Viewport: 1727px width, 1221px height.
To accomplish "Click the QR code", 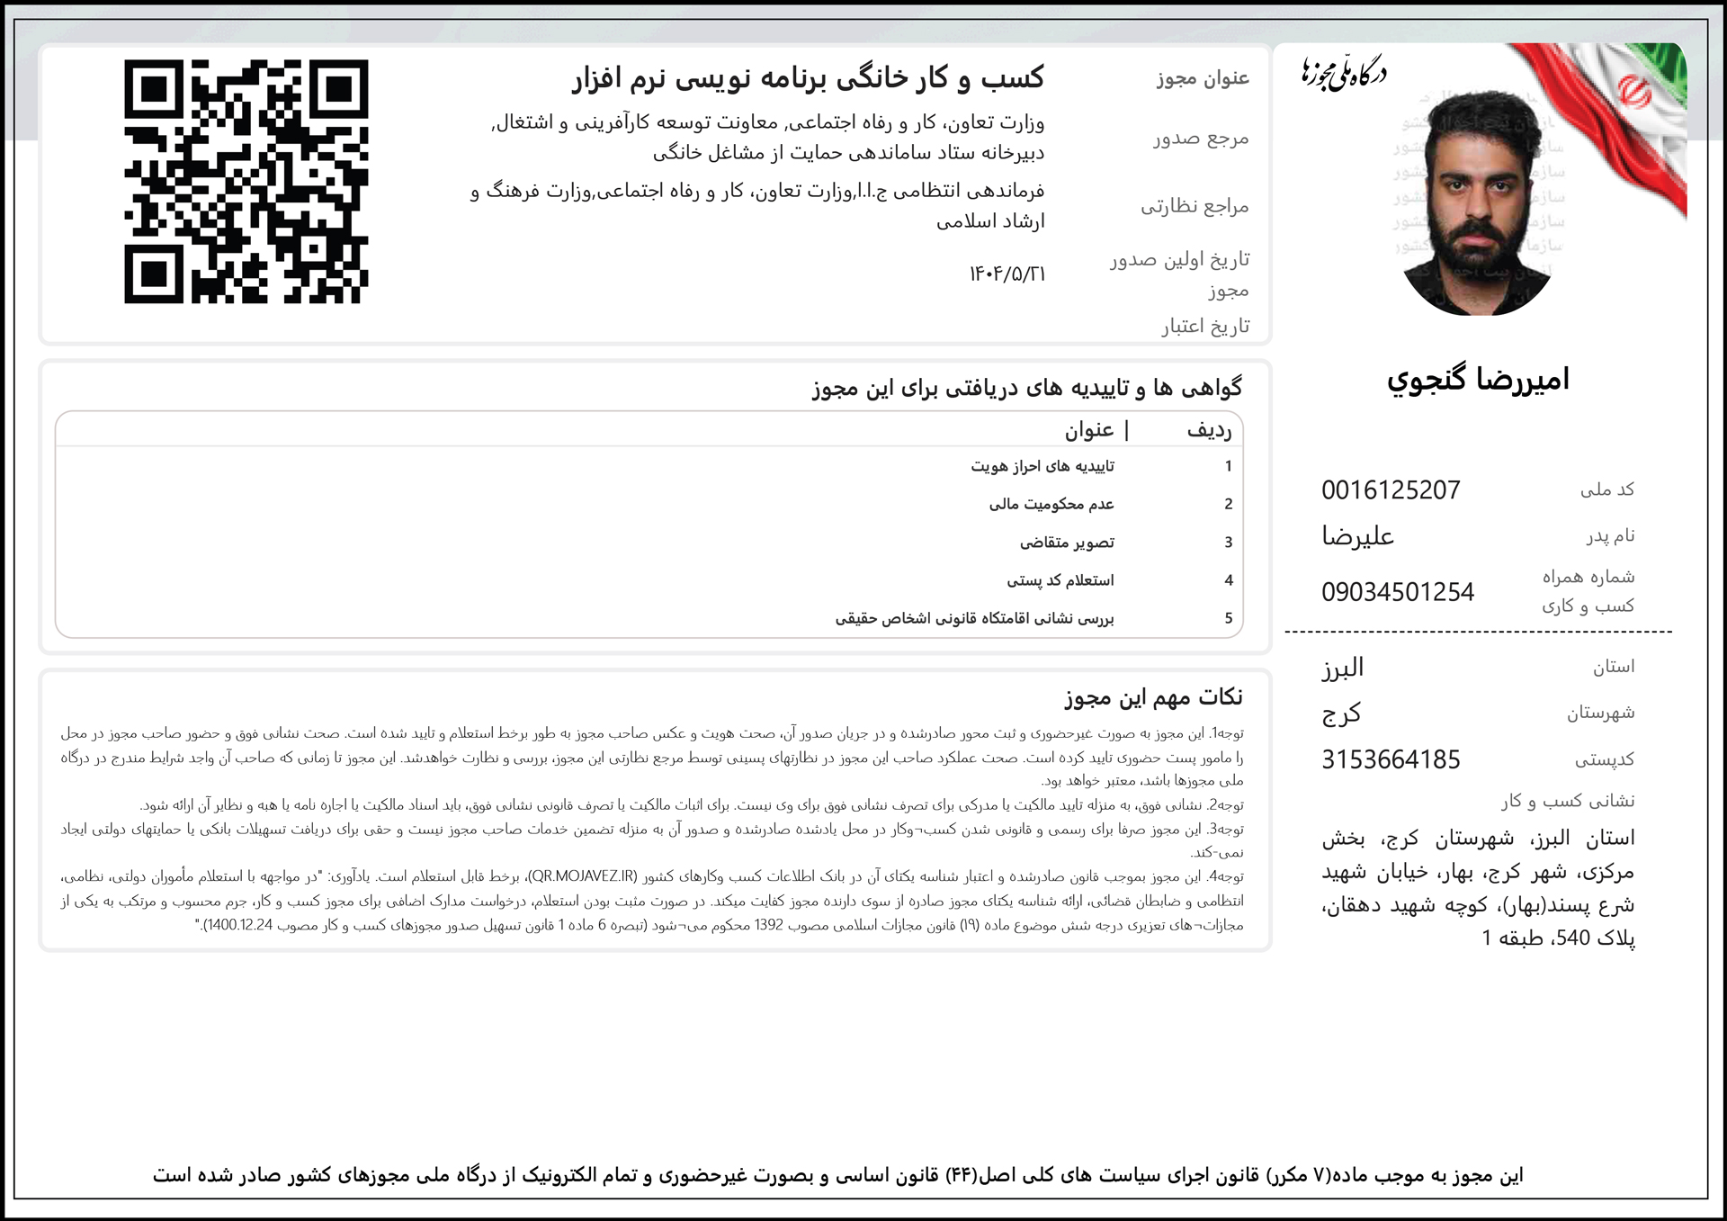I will coord(246,182).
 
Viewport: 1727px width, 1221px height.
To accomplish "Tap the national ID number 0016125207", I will coord(1391,490).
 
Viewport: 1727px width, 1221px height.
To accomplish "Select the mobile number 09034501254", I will coord(1397,592).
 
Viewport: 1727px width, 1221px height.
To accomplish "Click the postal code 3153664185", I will coord(1391,760).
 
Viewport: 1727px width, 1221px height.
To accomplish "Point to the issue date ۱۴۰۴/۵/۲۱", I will coord(1007,274).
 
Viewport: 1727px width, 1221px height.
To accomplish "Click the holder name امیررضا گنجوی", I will coord(1478,380).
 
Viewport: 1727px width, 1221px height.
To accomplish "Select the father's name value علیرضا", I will coord(1357,537).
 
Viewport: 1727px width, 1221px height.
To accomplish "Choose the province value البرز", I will coord(1342,668).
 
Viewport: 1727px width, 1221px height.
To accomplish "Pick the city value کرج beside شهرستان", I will coord(1341,714).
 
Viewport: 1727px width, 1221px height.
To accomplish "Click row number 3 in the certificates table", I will coord(1228,543).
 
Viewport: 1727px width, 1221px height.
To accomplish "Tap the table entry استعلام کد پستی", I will coord(1060,581).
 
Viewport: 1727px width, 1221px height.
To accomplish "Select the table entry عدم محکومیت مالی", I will coord(1051,505).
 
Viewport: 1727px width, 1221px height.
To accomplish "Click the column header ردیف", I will coord(1209,431).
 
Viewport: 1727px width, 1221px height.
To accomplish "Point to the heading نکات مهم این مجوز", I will coord(1153,697).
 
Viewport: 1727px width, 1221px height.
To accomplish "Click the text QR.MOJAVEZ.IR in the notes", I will coord(583,876).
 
